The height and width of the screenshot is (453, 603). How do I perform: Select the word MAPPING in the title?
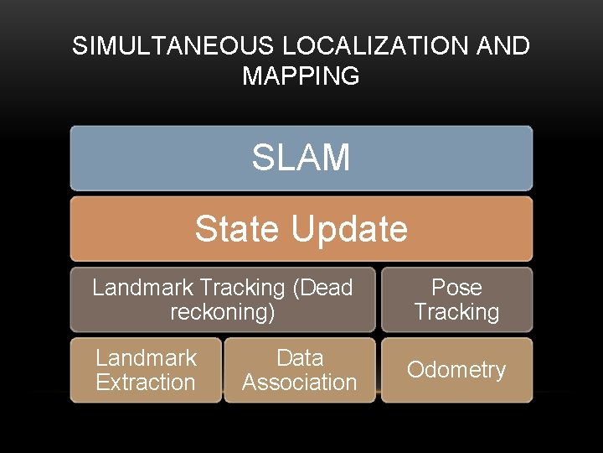point(301,76)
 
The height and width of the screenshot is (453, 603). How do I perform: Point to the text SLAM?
point(301,158)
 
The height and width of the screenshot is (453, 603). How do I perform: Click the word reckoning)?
point(222,312)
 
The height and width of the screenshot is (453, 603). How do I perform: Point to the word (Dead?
point(322,288)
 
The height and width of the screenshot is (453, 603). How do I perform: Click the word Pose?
point(456,288)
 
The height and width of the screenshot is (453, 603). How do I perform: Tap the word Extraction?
point(146,383)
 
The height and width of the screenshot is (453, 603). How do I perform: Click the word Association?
point(299,383)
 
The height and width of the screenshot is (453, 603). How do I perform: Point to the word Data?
point(299,358)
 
